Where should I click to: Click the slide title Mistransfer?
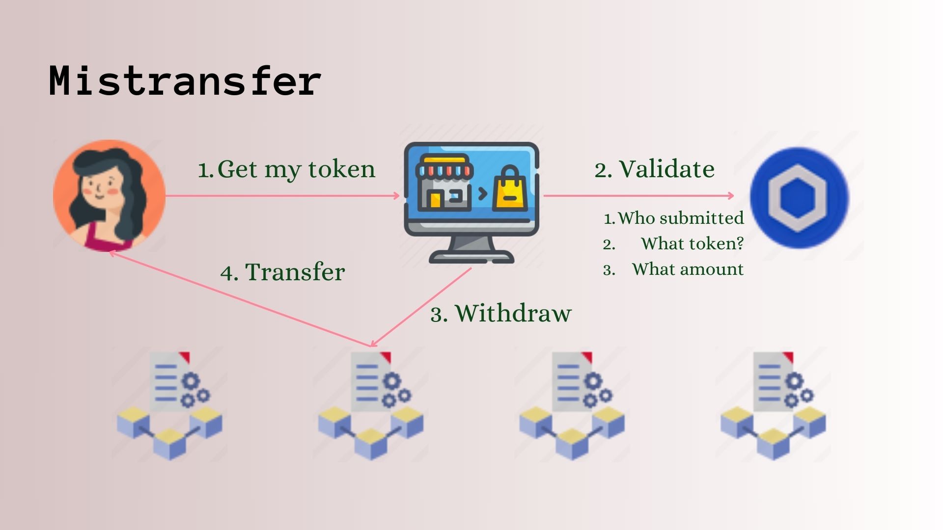point(185,80)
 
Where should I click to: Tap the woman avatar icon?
point(109,196)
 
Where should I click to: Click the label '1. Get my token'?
point(286,169)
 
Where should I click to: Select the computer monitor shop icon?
point(471,201)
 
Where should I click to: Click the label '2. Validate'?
point(654,169)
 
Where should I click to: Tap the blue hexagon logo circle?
point(799,198)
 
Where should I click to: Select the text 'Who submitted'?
point(680,218)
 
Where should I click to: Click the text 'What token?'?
point(692,243)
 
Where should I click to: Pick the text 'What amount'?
point(688,269)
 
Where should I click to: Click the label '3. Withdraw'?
point(501,313)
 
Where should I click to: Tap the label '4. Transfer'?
point(282,272)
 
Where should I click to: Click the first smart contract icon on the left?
point(169,405)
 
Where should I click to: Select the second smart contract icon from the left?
point(371,405)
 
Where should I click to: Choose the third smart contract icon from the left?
point(572,405)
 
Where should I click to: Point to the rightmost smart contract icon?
point(773,405)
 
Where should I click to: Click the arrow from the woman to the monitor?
point(282,196)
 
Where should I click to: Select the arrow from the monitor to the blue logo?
point(638,196)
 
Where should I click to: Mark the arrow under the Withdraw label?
point(421,307)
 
